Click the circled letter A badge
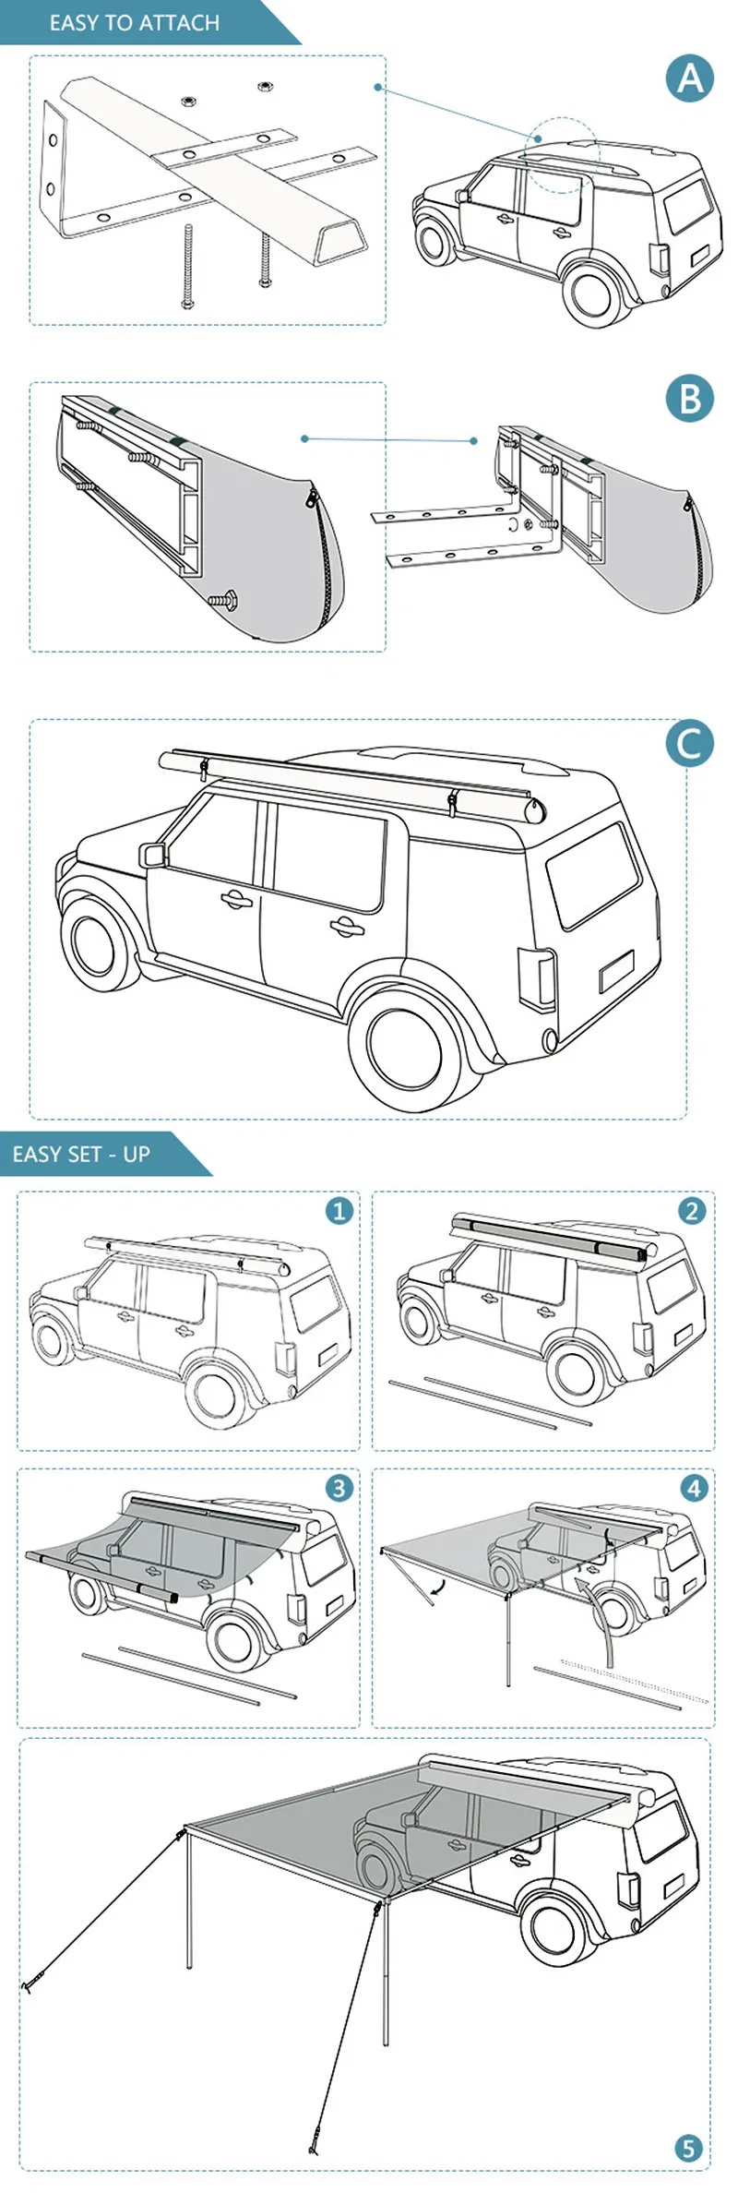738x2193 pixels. [x=690, y=78]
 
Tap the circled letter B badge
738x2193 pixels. [x=690, y=400]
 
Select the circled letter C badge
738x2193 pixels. [x=690, y=744]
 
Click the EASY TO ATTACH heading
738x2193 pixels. [x=135, y=23]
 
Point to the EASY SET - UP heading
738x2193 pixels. [x=81, y=1154]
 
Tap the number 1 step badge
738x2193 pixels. [x=339, y=1210]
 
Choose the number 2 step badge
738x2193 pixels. [x=692, y=1210]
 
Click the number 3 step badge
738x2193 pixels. [x=339, y=1488]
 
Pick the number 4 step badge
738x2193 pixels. [x=694, y=1488]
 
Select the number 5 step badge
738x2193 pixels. [x=688, y=2149]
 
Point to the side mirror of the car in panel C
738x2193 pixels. [x=152, y=855]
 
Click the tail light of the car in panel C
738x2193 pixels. [x=537, y=979]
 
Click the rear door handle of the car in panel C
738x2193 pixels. [x=347, y=926]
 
